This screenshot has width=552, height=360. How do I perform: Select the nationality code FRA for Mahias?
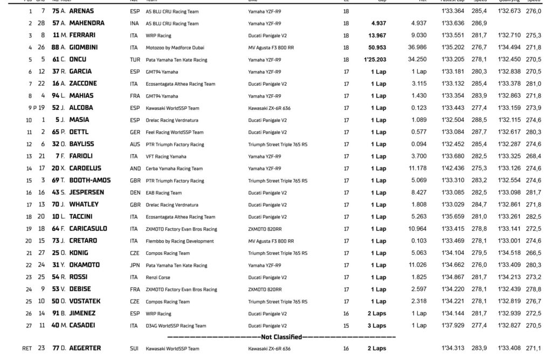(x=135, y=96)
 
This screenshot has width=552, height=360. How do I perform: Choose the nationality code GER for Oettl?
(x=135, y=132)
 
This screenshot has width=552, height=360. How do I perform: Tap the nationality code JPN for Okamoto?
(x=135, y=265)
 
